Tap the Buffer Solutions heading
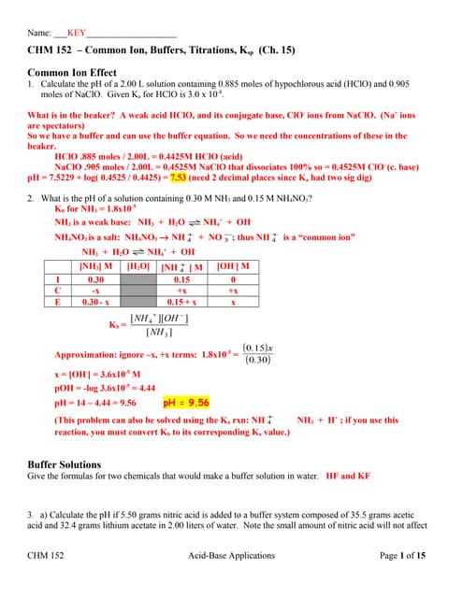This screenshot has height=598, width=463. (x=65, y=463)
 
